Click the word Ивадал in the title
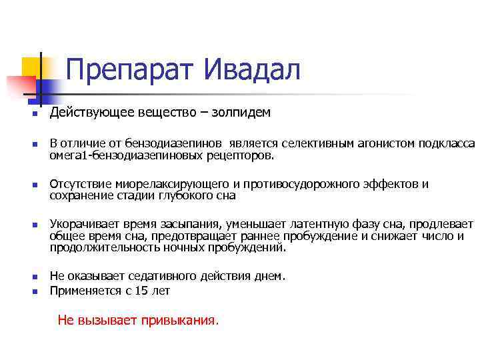pyautogui.click(x=252, y=69)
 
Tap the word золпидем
pyautogui.click(x=241, y=112)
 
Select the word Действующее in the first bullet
pyautogui.click(x=83, y=112)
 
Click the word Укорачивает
pyautogui.click(x=82, y=224)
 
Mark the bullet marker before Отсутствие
pyautogui.click(x=32, y=185)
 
